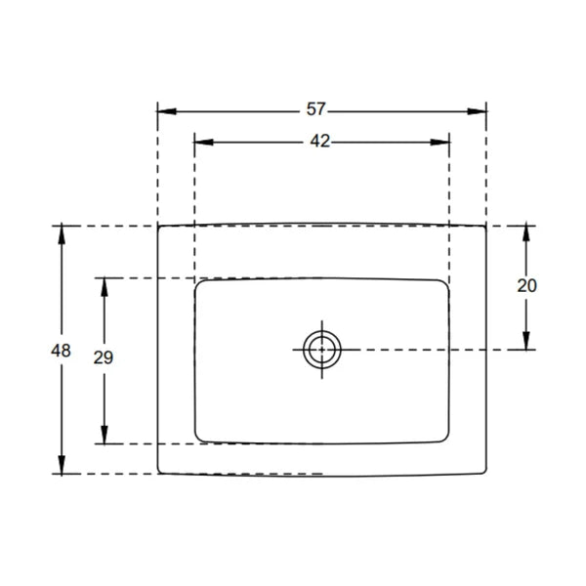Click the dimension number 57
tap(316, 109)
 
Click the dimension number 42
tap(320, 142)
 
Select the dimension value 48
tap(61, 351)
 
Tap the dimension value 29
tap(104, 357)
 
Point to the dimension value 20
tap(527, 286)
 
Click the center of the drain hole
tap(321, 350)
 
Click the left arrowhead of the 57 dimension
tap(167, 111)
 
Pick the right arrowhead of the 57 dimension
tap(478, 111)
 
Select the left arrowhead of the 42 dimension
tap(204, 142)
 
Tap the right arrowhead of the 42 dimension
tap(439, 142)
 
